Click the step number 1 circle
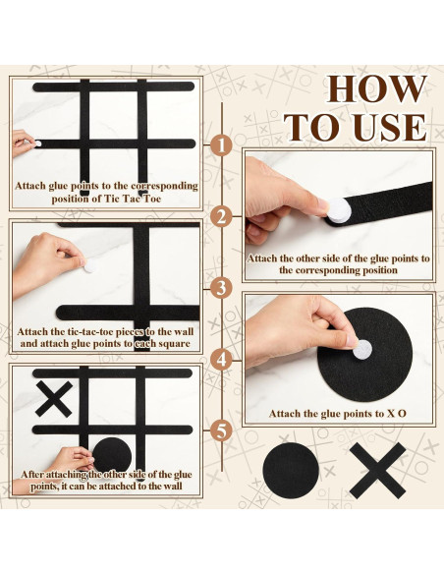coord(221,144)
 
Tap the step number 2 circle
coord(221,216)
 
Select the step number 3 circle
coord(221,288)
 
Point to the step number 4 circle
coord(221,360)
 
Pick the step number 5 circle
coord(221,431)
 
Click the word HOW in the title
coord(376,89)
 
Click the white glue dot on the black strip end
coord(338,210)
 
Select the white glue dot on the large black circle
coord(362,349)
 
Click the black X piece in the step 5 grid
coord(54,399)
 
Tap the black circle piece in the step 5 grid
coord(112,455)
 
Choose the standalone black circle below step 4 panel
coord(291,471)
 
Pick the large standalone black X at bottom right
coord(378,471)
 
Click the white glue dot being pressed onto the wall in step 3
coord(89,266)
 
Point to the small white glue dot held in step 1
coord(38,143)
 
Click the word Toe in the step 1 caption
coord(152,199)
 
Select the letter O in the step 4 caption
coord(402,414)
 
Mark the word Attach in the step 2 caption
coord(262,258)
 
